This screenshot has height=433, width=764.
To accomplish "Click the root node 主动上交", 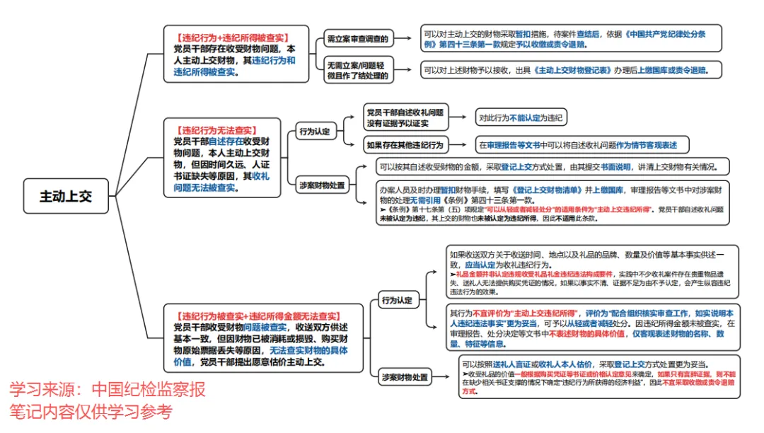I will (66, 196).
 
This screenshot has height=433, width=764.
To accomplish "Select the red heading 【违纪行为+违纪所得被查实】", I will (231, 37).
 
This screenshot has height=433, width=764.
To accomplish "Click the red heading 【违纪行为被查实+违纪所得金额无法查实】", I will (261, 316).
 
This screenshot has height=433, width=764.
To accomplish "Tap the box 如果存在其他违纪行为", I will (404, 145).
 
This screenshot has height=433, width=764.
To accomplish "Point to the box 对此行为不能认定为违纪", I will (521, 117).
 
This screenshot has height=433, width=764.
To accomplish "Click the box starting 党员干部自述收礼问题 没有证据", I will (404, 117).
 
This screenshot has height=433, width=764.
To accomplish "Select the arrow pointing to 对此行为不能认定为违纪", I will (461, 117).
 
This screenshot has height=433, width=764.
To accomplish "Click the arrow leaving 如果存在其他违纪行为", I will (461, 145).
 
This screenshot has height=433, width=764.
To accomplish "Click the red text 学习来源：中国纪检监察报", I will (107, 390).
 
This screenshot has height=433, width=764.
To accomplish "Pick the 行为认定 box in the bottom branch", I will (395, 300).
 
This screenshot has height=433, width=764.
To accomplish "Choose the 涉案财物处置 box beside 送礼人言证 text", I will (404, 377).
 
